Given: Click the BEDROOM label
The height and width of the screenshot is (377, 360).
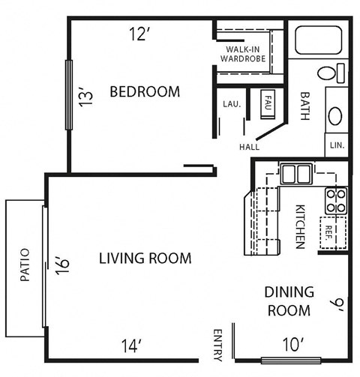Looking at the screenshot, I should click(145, 92).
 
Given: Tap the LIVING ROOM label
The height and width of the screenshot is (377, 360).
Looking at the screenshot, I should click(145, 258).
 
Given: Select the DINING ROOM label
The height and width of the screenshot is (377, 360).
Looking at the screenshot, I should click(289, 301).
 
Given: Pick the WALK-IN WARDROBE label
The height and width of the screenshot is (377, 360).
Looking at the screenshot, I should click(242, 52).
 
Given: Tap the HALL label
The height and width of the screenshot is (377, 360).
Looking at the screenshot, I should click(249, 147).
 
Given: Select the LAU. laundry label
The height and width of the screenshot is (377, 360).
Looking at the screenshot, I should click(231, 104).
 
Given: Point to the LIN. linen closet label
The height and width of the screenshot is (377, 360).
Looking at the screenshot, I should click(336, 145).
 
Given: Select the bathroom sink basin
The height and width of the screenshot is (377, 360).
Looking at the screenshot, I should click(335, 115).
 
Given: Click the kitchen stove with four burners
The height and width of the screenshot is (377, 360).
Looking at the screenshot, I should click(335, 200).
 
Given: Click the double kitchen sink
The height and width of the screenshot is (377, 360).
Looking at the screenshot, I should click(295, 174).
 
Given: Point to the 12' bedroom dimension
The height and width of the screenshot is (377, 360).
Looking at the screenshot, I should click(140, 33).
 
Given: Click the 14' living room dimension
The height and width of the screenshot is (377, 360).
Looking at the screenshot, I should click(131, 346).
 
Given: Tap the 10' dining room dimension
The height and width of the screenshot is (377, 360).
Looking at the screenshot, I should click(292, 344).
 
